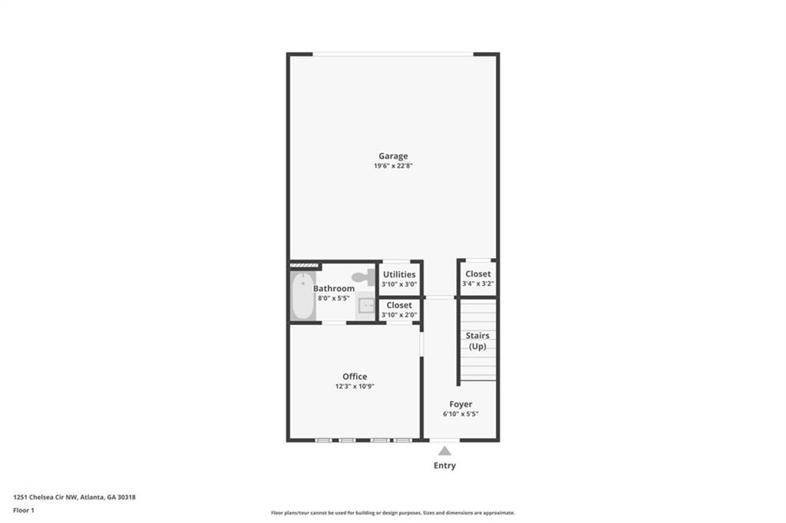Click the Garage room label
click(393, 156)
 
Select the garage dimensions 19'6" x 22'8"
click(393, 166)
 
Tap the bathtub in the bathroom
click(302, 296)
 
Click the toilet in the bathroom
click(363, 276)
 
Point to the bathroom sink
click(366, 306)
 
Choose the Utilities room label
click(399, 274)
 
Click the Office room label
click(355, 376)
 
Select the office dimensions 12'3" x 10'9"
click(355, 386)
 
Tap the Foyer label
click(461, 404)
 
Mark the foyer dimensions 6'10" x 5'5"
click(461, 414)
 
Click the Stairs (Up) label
click(477, 341)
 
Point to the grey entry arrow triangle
click(444, 451)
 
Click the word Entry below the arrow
click(444, 465)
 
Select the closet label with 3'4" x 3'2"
click(478, 273)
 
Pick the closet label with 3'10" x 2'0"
click(399, 305)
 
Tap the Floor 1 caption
click(24, 511)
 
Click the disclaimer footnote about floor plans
click(393, 513)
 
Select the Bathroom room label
click(334, 288)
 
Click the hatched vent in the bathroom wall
click(304, 265)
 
